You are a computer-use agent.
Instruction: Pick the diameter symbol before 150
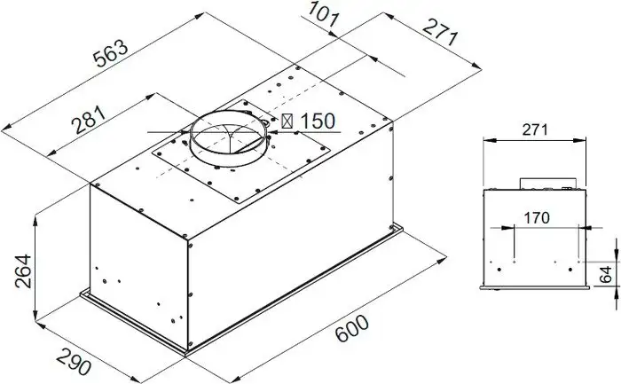tap(286, 121)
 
